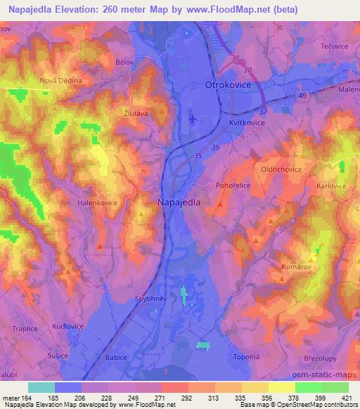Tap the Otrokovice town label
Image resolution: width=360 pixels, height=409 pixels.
tap(227, 84)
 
